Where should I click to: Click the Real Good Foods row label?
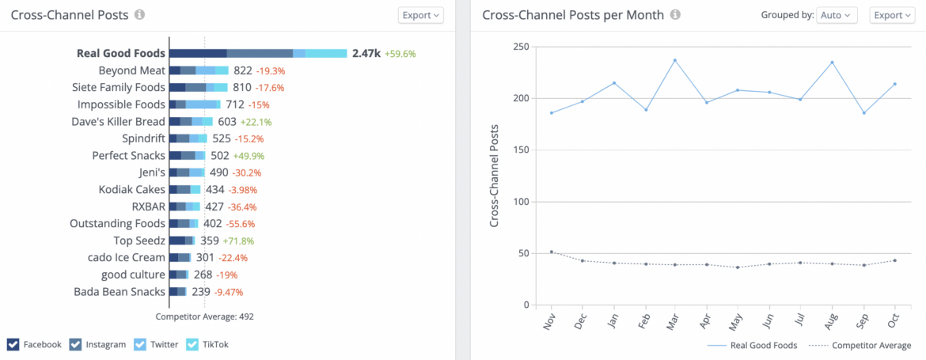tap(121, 53)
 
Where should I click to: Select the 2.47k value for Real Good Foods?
tap(366, 53)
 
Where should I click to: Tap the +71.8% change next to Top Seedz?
tap(238, 241)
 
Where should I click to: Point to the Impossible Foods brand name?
tap(121, 104)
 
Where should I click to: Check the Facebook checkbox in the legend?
tap(13, 344)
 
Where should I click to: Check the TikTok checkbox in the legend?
tap(192, 344)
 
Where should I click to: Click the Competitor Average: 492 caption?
tap(204, 316)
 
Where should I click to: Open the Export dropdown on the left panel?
tap(420, 15)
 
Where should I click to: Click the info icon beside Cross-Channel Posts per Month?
tap(675, 15)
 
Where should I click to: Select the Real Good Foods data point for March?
tap(675, 60)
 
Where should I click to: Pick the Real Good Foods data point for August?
tap(832, 63)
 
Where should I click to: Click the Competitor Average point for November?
tap(552, 252)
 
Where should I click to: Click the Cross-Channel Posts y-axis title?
tap(495, 176)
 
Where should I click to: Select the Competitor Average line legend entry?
tap(865, 346)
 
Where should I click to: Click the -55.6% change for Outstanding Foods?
tap(241, 224)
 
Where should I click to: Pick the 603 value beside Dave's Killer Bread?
tap(227, 122)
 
